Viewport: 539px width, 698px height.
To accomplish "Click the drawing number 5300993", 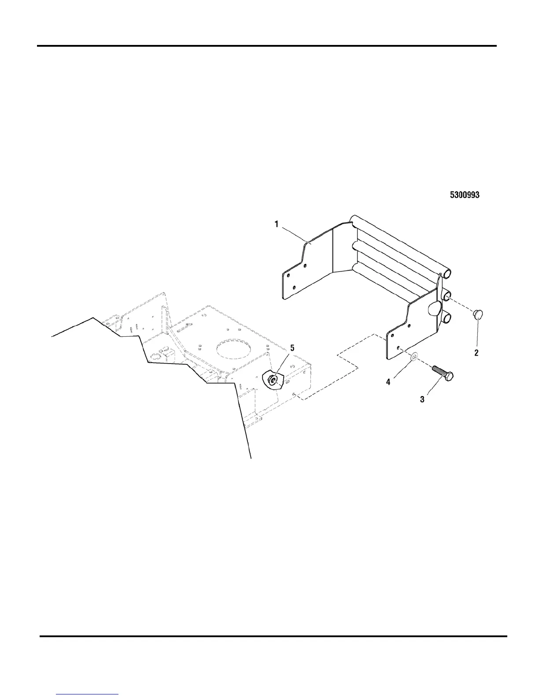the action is (464, 195).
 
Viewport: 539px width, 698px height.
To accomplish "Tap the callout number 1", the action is (277, 224).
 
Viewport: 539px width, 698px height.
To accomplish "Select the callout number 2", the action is (476, 353).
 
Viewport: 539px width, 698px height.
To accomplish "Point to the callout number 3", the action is (422, 400).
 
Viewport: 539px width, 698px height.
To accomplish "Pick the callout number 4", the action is (388, 382).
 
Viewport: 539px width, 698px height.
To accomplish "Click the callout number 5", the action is (292, 348).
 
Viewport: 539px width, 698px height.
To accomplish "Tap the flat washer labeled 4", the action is (414, 356).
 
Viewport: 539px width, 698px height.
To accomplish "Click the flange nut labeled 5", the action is (273, 380).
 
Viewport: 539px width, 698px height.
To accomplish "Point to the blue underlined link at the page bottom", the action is (88, 694).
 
